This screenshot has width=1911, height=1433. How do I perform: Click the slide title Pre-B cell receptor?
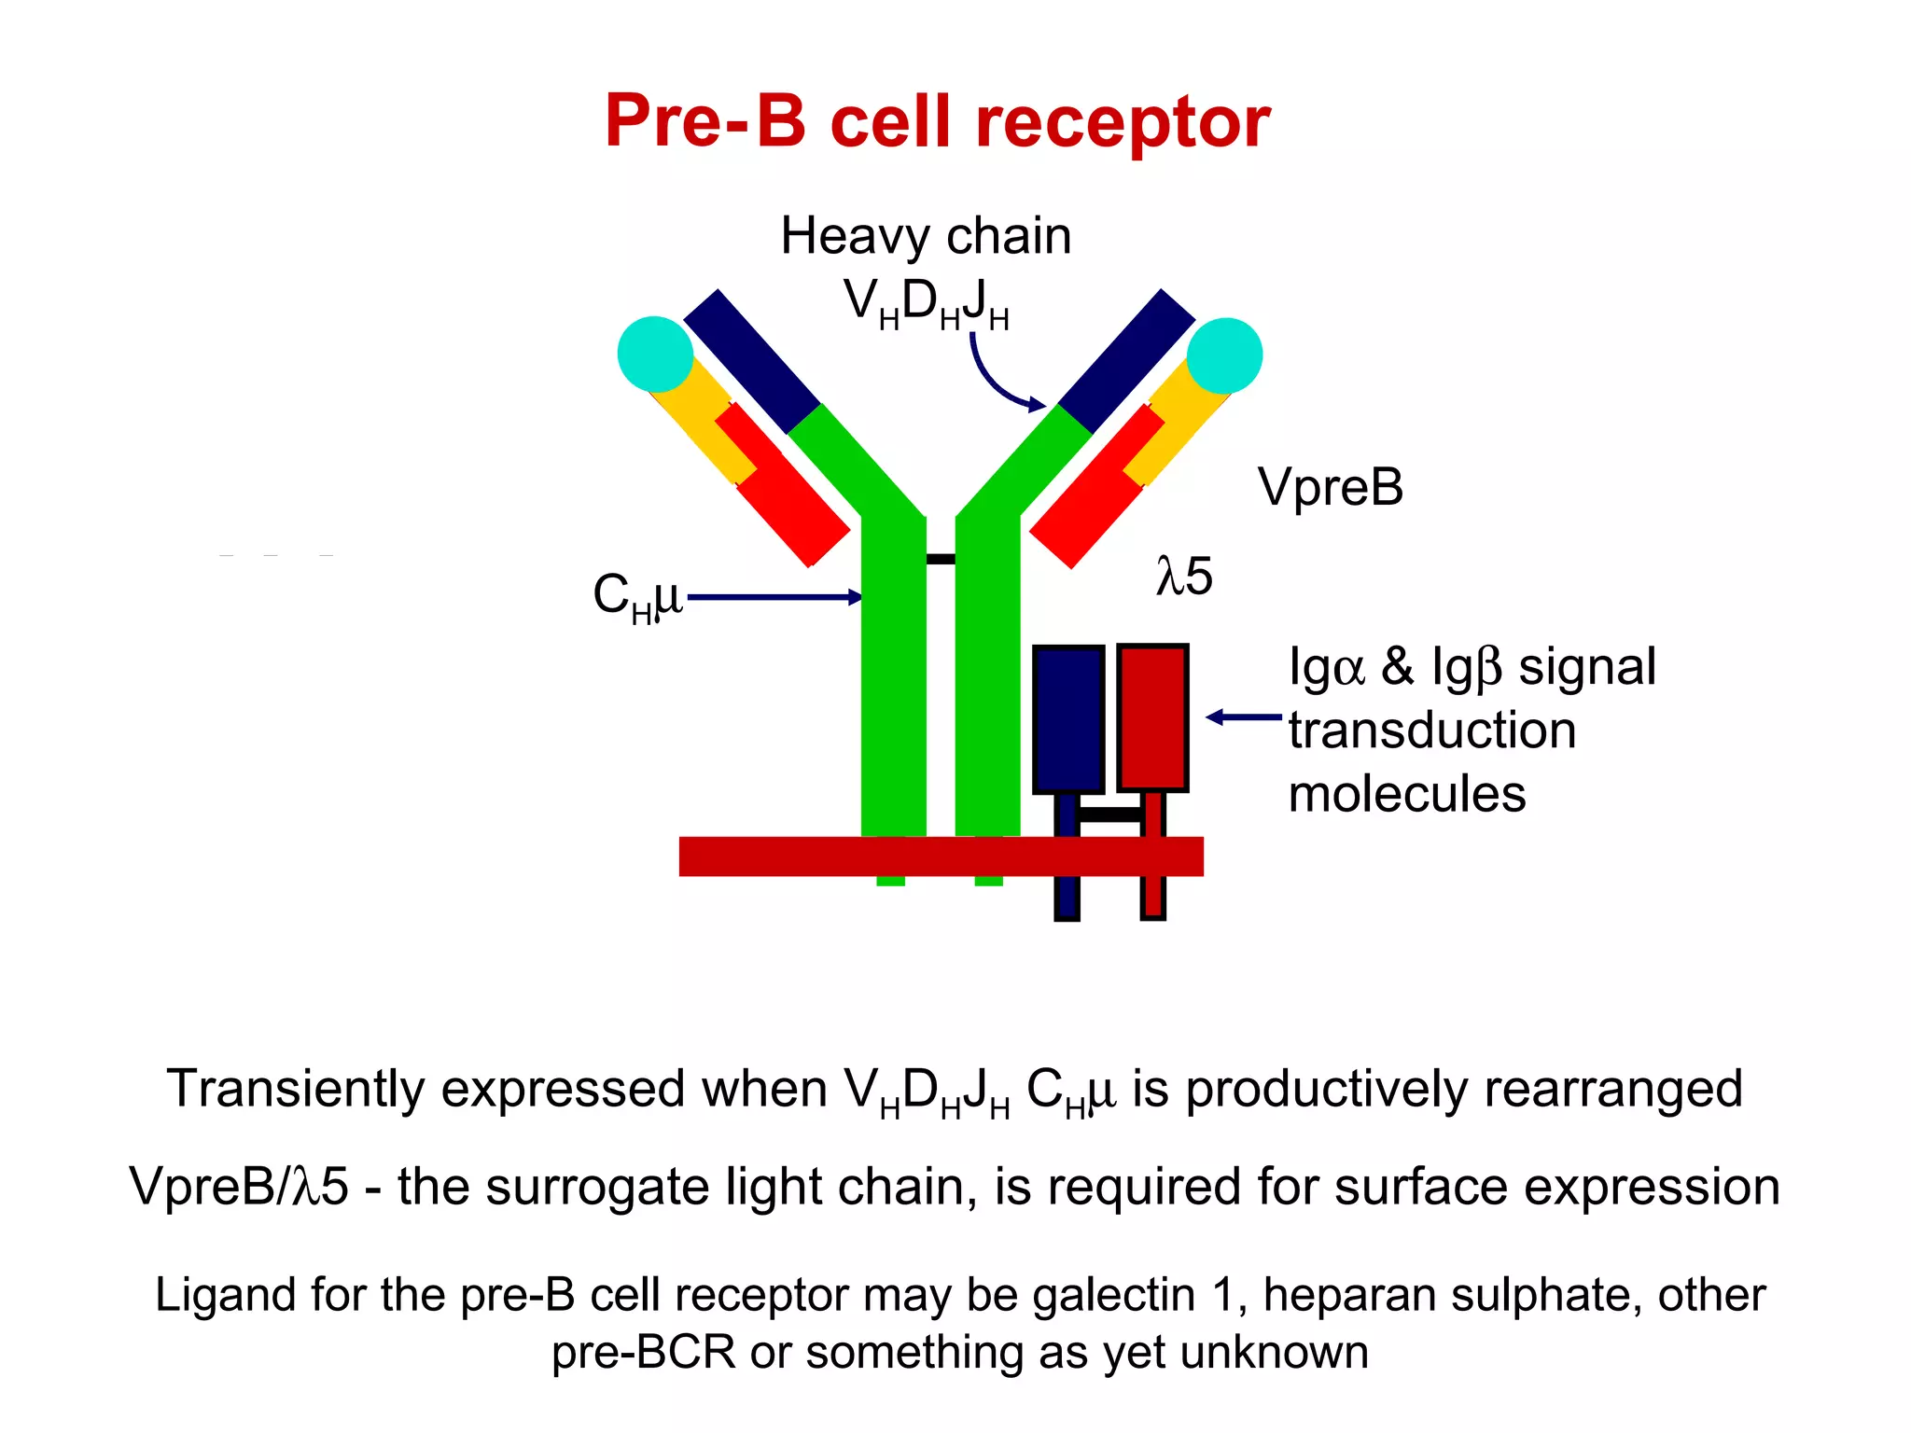[x=937, y=121]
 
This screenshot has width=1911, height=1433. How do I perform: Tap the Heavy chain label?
[x=926, y=235]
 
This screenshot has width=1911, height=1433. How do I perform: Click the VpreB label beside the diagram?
[x=1330, y=487]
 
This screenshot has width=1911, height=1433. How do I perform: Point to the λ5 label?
[x=1184, y=576]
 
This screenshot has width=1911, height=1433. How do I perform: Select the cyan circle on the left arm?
[x=655, y=355]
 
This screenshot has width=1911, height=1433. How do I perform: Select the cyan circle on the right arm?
[x=1224, y=355]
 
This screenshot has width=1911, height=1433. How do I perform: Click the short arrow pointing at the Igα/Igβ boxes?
[x=1244, y=717]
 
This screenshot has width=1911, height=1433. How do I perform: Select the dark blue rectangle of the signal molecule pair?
[x=1068, y=719]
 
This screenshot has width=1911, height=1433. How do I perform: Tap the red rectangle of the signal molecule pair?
[x=1152, y=717]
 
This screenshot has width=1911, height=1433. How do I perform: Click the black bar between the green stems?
[x=941, y=559]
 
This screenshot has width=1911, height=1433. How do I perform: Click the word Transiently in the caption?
[x=294, y=1089]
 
